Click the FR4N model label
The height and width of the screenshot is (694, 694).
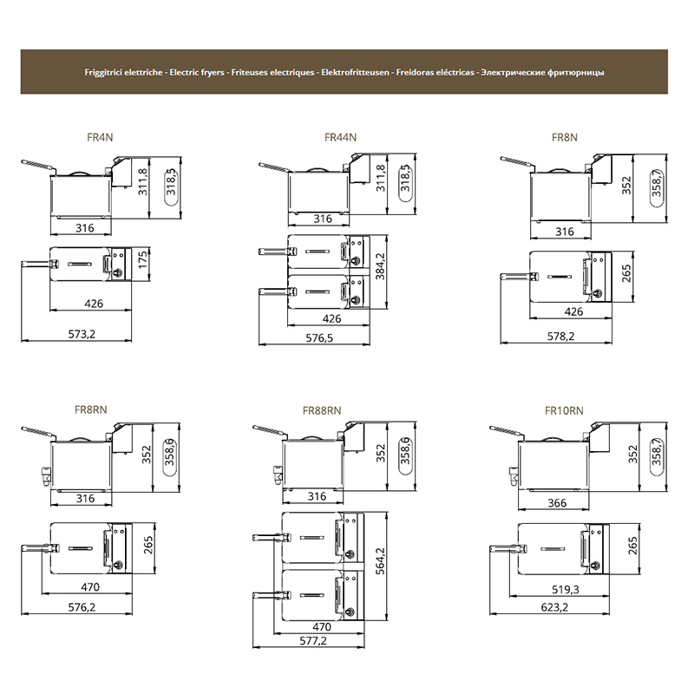[100, 137]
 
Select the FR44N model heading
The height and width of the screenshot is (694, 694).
[340, 137]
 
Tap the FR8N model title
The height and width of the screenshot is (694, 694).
[565, 137]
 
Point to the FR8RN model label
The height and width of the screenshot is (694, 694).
[91, 409]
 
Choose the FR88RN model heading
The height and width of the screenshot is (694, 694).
[322, 410]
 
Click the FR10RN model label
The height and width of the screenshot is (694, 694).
[564, 410]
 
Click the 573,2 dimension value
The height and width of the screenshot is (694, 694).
[82, 334]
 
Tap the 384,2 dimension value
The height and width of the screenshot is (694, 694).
[380, 266]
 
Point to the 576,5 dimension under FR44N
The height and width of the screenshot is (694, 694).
[319, 337]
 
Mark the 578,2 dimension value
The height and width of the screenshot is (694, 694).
[560, 336]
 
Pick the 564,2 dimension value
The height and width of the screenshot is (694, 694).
[380, 561]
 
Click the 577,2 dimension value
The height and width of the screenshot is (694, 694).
[313, 640]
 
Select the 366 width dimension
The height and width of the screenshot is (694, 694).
[557, 503]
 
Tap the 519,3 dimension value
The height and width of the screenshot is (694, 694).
[566, 589]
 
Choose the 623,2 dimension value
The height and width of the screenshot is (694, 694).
[554, 606]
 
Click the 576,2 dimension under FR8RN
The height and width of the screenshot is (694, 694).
[82, 606]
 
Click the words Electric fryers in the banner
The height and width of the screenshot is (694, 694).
[197, 72]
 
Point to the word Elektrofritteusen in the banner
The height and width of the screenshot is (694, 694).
[355, 72]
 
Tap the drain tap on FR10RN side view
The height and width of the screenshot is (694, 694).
[514, 475]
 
